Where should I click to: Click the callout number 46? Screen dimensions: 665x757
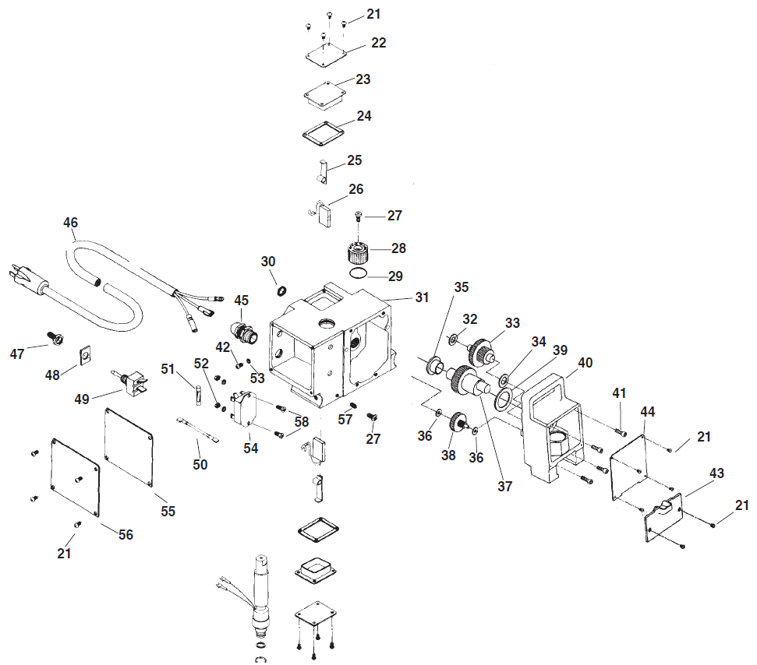click(71, 223)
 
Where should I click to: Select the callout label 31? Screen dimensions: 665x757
click(422, 297)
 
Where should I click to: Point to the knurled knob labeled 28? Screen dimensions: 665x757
click(358, 254)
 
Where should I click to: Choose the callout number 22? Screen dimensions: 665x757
click(378, 43)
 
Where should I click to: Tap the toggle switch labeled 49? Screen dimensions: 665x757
click(130, 381)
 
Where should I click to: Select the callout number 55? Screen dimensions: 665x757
click(168, 511)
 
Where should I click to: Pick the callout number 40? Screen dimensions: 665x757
click(585, 362)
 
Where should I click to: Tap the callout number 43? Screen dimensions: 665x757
click(716, 473)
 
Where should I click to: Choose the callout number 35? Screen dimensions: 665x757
click(461, 287)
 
